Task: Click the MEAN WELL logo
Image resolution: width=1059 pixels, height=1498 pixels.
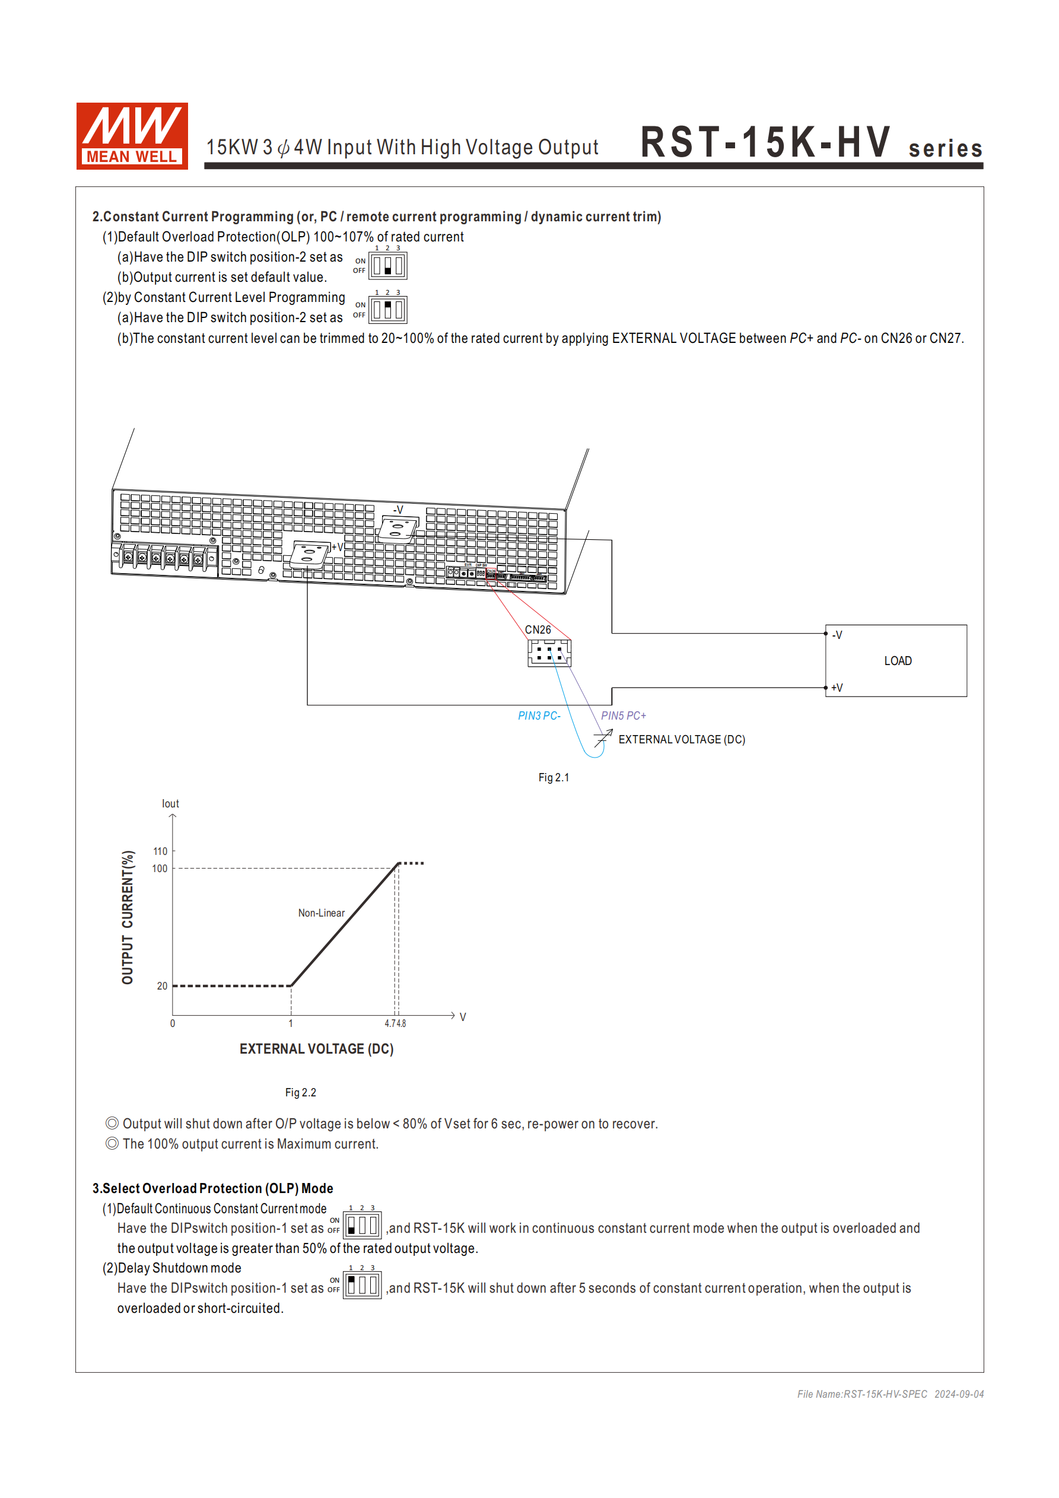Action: [132, 136]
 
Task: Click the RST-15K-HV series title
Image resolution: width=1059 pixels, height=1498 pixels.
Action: [810, 143]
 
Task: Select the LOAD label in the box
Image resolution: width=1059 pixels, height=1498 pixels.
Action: [897, 661]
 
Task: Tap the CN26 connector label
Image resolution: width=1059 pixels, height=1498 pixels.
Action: [538, 629]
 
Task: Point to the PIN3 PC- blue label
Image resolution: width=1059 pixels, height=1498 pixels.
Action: [539, 715]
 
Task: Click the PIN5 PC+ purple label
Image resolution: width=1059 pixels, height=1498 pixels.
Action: [623, 715]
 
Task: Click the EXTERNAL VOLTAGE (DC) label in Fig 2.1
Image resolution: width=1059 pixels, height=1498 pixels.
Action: [681, 739]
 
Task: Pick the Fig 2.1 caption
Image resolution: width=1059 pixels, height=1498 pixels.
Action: [554, 778]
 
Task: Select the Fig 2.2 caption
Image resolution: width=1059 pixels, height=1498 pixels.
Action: [300, 1092]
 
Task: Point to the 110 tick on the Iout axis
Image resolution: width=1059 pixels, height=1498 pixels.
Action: [160, 851]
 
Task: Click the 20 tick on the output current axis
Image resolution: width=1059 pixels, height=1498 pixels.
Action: [162, 986]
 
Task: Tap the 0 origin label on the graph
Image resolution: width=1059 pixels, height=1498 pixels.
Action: [172, 1023]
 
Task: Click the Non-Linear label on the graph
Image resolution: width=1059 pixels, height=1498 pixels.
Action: [321, 913]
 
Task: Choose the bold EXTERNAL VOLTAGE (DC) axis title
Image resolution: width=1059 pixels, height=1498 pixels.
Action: [316, 1048]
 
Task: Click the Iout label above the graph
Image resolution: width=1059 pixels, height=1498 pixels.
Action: [170, 804]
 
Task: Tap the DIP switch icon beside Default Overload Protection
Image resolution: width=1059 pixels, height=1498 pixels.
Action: [387, 266]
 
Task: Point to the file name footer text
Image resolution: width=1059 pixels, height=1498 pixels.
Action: [890, 1394]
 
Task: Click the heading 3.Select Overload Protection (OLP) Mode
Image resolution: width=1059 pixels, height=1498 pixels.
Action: [213, 1188]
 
